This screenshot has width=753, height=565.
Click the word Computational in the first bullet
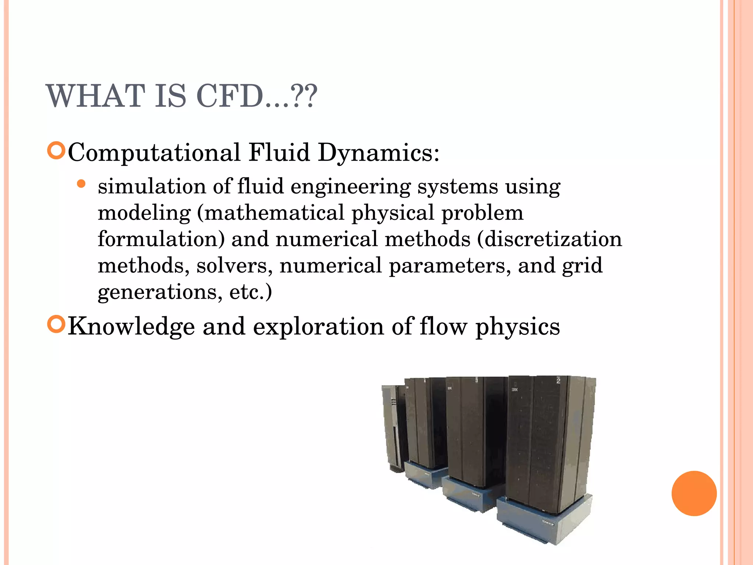click(x=154, y=153)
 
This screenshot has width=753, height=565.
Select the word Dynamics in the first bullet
click(x=378, y=153)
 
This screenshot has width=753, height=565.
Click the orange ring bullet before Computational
click(x=56, y=150)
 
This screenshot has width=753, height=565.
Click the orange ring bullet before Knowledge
click(x=56, y=324)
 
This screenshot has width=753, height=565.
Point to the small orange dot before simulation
click(x=82, y=184)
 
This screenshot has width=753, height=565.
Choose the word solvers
click(x=234, y=266)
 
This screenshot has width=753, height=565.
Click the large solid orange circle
click(x=694, y=493)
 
